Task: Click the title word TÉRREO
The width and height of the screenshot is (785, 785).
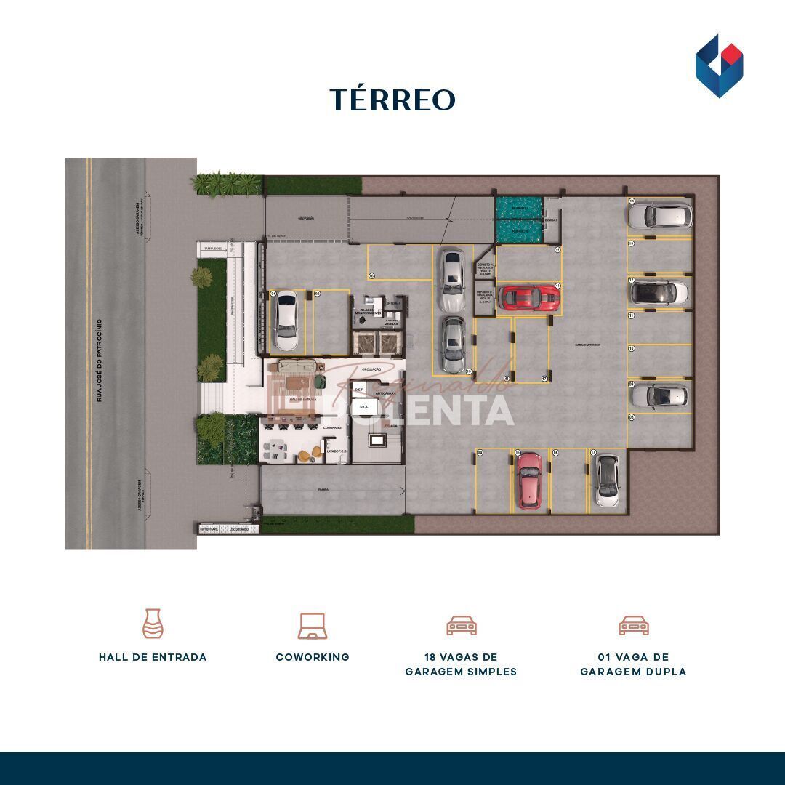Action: click(392, 100)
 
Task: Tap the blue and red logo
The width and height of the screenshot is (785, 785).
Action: click(719, 66)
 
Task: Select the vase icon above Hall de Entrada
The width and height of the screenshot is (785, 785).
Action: click(153, 624)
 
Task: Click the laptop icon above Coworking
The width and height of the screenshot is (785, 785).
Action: click(313, 626)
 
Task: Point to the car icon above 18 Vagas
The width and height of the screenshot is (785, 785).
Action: click(461, 625)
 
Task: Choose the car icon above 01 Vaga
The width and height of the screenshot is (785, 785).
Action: click(633, 625)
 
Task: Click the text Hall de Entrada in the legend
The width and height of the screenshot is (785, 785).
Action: click(153, 657)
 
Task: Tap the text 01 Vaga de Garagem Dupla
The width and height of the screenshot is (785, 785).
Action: click(633, 664)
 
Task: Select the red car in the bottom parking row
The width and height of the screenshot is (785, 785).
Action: click(528, 480)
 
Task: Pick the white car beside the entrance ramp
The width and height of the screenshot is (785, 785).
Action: click(286, 320)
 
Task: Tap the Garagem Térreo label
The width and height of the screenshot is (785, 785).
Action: click(588, 345)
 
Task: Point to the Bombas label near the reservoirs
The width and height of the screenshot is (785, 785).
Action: click(551, 220)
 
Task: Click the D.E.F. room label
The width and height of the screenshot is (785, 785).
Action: click(358, 390)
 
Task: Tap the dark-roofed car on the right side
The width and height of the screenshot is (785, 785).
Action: click(659, 292)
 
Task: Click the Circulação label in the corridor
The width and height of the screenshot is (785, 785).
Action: click(371, 370)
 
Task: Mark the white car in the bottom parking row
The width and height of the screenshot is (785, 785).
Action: click(606, 480)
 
